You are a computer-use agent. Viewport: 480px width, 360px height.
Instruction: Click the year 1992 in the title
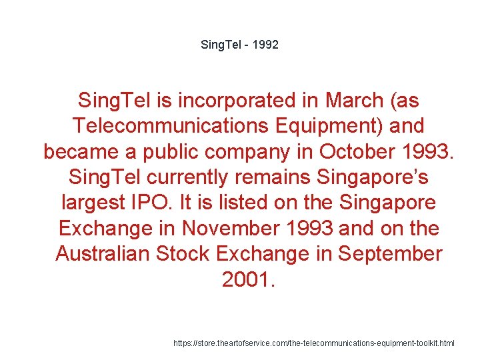point(266,45)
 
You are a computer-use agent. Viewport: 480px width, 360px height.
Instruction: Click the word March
point(351,101)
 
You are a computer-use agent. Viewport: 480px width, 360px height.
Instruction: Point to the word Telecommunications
point(173,126)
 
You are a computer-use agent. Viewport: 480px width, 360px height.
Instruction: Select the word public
point(165,151)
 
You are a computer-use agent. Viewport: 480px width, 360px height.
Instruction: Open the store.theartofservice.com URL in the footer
point(313,343)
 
